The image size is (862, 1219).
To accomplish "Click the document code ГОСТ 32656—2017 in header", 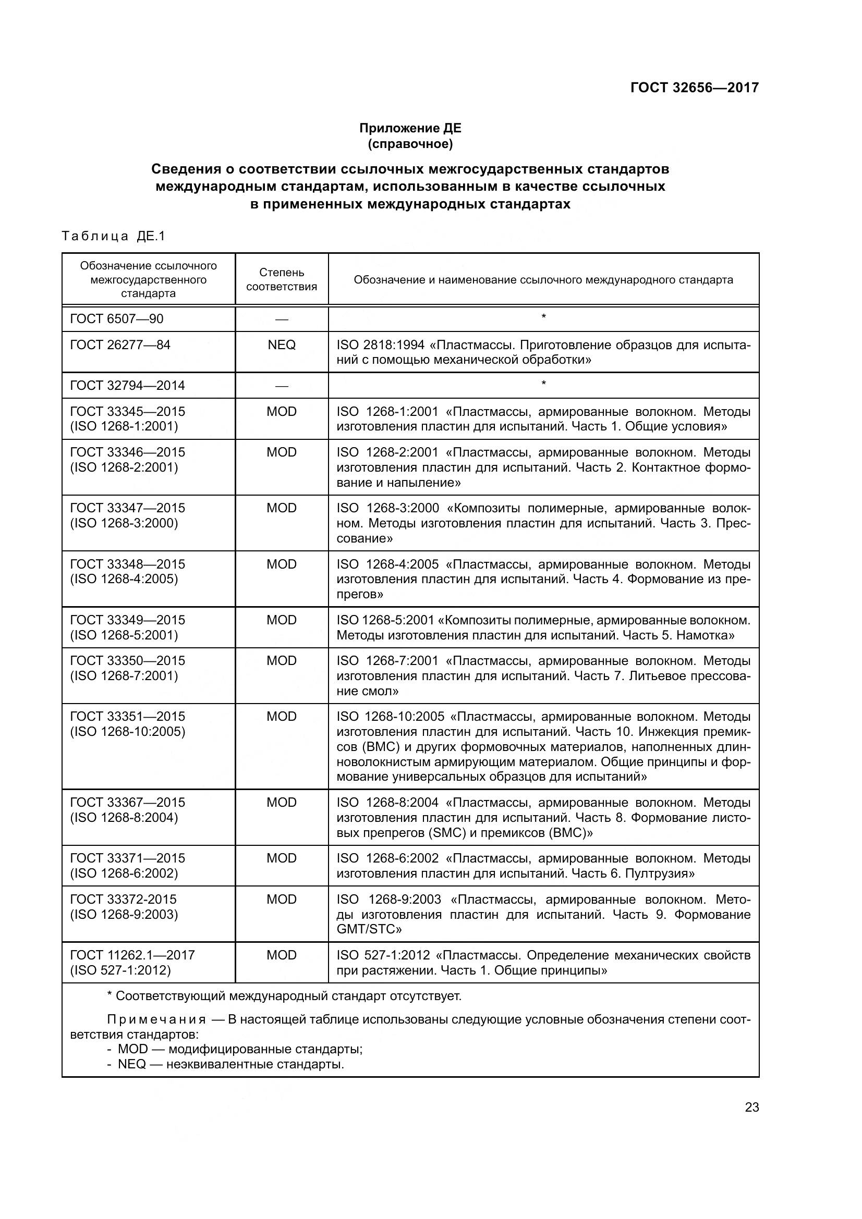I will coord(694,88).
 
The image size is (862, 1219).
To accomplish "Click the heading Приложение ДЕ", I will coord(410,128).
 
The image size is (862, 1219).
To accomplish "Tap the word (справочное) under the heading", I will coord(410,144).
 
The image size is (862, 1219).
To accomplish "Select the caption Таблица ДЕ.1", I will coord(114,236).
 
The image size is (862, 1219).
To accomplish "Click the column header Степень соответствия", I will coord(282,279).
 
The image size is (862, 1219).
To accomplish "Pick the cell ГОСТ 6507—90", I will coord(117,318).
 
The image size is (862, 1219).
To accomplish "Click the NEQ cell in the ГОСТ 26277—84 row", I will coord(282,344).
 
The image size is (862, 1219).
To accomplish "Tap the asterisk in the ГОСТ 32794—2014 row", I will coord(543,384).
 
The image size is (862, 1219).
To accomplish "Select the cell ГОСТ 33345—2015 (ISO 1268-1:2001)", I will coord(127,418).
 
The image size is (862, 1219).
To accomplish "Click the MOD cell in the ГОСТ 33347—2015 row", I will coord(282,508).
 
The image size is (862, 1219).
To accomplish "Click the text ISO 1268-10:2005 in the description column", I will coord(391,716).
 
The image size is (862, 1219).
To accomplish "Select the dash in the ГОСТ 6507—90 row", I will coord(282,319).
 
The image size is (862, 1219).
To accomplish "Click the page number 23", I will coord(751,1107).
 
